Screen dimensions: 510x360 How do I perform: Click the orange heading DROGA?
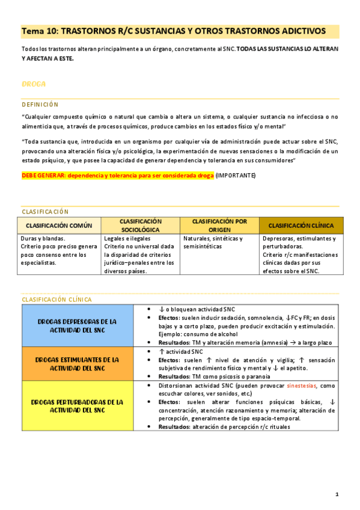click(34, 83)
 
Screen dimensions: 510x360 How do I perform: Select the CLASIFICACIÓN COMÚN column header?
click(59, 226)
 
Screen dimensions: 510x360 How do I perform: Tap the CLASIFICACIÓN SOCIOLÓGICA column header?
click(141, 226)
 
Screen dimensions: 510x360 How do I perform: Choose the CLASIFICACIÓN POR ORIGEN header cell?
click(219, 226)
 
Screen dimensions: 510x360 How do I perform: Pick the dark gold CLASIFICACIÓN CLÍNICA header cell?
click(301, 226)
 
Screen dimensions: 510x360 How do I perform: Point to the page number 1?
click(337, 494)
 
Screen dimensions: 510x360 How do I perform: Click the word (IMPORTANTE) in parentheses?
click(236, 175)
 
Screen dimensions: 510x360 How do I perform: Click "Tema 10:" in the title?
click(40, 31)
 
